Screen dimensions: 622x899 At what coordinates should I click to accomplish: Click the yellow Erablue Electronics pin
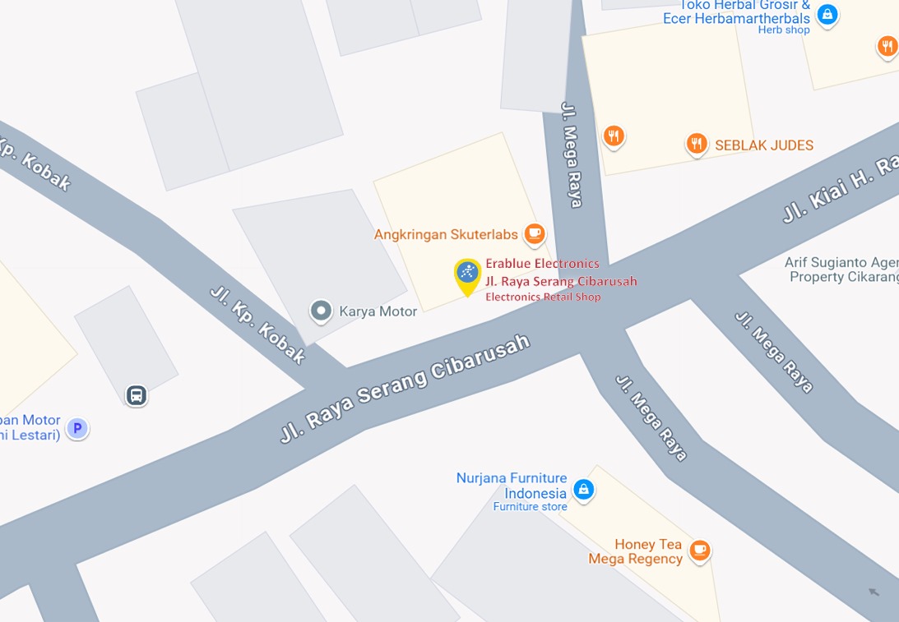[x=467, y=274]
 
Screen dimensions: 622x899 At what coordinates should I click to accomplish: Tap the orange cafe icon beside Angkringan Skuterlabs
[x=535, y=234]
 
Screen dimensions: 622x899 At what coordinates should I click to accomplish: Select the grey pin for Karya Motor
[x=321, y=311]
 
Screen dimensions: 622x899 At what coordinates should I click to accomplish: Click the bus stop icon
[x=137, y=396]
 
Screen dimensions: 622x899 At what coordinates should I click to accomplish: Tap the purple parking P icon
[x=77, y=428]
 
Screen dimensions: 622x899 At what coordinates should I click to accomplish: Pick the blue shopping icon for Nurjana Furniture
[x=583, y=490]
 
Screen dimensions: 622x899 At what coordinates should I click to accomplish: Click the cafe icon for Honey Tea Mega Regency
[x=700, y=550]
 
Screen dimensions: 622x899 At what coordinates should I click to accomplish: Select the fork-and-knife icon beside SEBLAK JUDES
[x=697, y=145]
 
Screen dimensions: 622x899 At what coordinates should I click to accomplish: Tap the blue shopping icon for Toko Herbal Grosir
[x=827, y=14]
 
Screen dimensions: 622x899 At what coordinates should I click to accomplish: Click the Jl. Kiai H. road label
[x=839, y=191]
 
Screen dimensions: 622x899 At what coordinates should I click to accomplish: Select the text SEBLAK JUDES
[x=764, y=145]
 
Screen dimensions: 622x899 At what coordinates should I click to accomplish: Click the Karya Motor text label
[x=378, y=311]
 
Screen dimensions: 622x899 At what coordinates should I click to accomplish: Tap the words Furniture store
[x=530, y=507]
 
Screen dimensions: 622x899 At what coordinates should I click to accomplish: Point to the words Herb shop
[x=784, y=30]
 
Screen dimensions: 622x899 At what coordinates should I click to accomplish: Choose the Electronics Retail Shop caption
[x=543, y=297]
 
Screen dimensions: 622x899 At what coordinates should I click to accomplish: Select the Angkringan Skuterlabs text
[x=446, y=234]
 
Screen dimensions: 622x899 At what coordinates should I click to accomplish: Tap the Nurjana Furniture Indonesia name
[x=512, y=486]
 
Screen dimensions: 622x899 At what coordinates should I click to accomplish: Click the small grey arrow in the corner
[x=874, y=592]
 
